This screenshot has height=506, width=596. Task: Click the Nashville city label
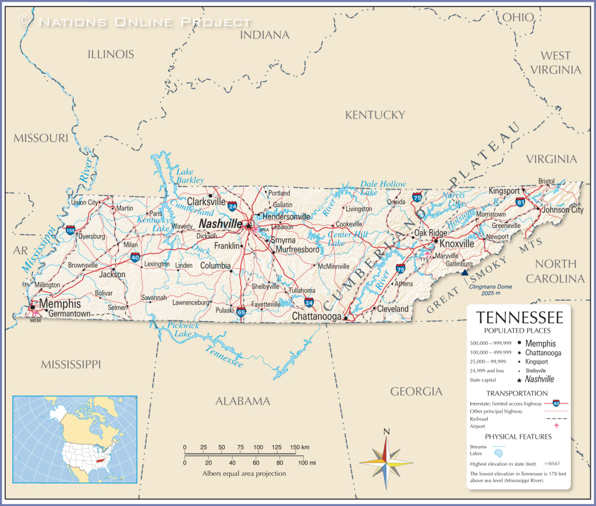click(x=221, y=224)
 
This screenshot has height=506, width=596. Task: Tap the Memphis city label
click(x=60, y=304)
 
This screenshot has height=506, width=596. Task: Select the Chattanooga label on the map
click(x=317, y=316)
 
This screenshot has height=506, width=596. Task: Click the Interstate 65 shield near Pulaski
click(x=240, y=312)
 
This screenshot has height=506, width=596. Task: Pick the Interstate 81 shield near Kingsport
click(x=520, y=201)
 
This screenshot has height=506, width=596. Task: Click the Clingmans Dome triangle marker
click(x=464, y=272)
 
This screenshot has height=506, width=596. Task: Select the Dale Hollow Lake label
click(x=382, y=188)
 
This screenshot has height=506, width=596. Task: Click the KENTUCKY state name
click(x=375, y=115)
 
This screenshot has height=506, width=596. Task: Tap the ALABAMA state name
click(x=243, y=401)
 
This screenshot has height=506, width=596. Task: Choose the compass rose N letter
click(x=386, y=431)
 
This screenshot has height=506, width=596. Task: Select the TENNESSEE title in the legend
click(x=519, y=318)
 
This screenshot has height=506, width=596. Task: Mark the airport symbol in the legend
click(x=556, y=426)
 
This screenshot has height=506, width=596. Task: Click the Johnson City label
click(x=562, y=210)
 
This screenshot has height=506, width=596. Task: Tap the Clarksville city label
click(x=206, y=201)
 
